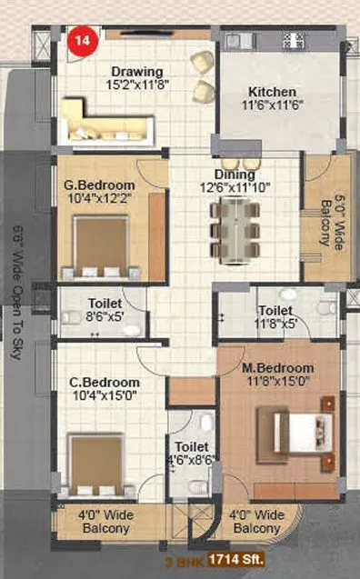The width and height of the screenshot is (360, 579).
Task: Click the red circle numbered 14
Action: click(x=79, y=39)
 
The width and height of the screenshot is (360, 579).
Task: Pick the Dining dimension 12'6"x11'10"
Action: click(x=235, y=187)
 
